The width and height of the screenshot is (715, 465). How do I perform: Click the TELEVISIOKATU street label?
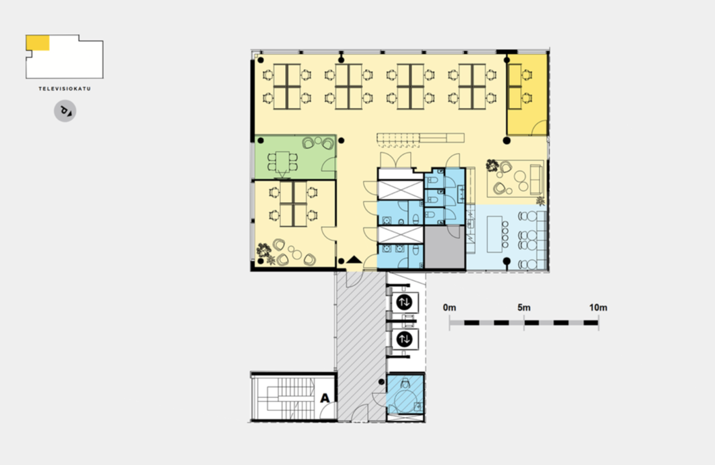point(65,89)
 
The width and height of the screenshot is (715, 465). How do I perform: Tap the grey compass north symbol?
point(65,111)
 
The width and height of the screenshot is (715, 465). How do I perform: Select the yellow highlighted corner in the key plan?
point(38,43)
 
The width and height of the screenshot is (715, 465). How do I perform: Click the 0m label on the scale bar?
point(449,307)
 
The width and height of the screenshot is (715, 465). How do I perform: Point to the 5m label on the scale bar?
point(524,307)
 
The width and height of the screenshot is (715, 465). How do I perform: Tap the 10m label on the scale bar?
point(598,307)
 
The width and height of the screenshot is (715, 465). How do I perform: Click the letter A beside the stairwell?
point(325,398)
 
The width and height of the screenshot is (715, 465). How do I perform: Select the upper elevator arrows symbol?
point(405,302)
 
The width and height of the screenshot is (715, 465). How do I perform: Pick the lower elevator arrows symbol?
point(405,339)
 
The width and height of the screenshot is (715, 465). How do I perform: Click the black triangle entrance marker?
point(354,260)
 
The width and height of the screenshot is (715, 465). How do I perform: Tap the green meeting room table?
point(283,160)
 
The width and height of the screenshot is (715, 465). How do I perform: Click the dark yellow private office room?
point(528,95)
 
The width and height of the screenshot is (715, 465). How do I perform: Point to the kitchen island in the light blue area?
point(494,234)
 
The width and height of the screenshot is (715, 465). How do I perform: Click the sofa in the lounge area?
point(536,179)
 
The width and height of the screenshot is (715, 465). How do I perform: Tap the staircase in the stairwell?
point(284,398)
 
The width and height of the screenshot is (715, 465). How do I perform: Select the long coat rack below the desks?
point(420,138)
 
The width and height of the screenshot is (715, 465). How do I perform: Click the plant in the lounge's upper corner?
point(491,165)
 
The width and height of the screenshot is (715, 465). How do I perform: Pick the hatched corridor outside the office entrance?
point(361,346)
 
